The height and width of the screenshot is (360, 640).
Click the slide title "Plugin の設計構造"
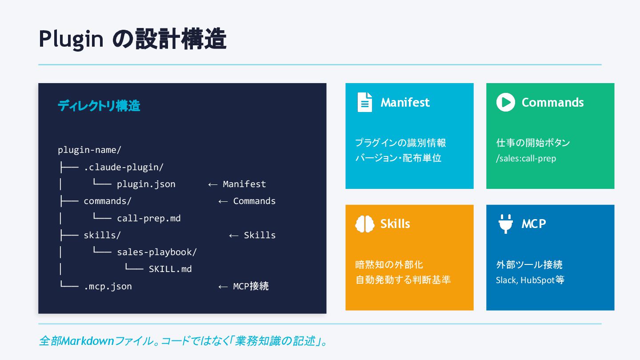pyautogui.click(x=132, y=39)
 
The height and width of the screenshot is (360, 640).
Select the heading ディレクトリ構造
pyautogui.click(x=99, y=106)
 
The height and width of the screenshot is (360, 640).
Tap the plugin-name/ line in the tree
pyautogui.click(x=89, y=150)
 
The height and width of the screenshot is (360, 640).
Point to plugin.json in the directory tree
pyautogui.click(x=146, y=184)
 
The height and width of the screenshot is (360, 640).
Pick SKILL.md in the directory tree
pyautogui.click(x=170, y=269)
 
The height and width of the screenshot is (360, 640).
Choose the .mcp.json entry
pyautogui.click(x=108, y=286)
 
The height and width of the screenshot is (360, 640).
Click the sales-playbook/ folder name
pyautogui.click(x=156, y=252)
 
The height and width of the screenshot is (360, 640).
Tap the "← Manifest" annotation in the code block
pyautogui.click(x=237, y=184)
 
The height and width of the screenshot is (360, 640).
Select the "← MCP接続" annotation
pyautogui.click(x=244, y=286)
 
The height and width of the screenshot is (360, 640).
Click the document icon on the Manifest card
pyautogui.click(x=365, y=102)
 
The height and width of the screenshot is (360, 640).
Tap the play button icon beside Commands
pyautogui.click(x=505, y=102)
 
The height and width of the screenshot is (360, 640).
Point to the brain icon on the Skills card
pyautogui.click(x=365, y=224)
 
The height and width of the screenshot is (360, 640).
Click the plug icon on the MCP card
pyautogui.click(x=505, y=224)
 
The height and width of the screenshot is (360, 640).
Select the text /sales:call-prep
pyautogui.click(x=526, y=158)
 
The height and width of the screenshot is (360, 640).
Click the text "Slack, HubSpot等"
pyautogui.click(x=530, y=280)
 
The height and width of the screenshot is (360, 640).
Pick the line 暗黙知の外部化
pyautogui.click(x=389, y=265)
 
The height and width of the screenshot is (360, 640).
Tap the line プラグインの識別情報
pyautogui.click(x=400, y=143)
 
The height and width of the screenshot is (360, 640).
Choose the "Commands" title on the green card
pyautogui.click(x=552, y=102)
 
